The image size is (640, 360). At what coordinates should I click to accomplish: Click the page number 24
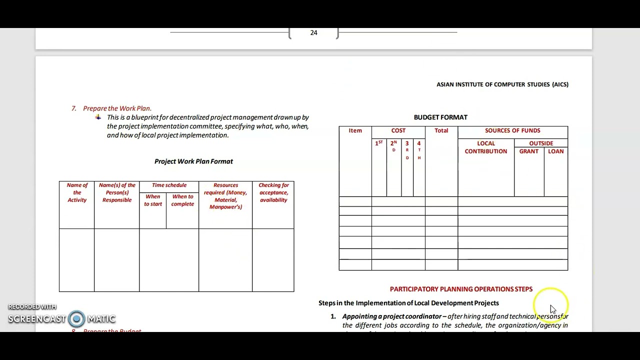(x=313, y=33)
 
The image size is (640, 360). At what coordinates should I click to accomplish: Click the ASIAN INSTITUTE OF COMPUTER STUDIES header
(x=502, y=84)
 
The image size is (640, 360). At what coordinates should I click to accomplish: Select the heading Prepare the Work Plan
(x=117, y=108)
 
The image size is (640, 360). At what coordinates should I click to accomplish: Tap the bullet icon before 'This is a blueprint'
(x=98, y=117)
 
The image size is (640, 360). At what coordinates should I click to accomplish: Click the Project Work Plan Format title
(x=193, y=161)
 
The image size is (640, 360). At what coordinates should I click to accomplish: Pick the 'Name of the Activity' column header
(x=77, y=192)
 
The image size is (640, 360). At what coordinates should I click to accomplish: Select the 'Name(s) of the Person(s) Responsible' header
(x=117, y=192)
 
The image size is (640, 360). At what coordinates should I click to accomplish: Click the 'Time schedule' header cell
(x=169, y=185)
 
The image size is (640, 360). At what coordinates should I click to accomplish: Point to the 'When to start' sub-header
(x=153, y=200)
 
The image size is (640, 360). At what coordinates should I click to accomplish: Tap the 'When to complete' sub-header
(x=182, y=200)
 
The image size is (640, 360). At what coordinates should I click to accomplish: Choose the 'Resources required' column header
(x=225, y=196)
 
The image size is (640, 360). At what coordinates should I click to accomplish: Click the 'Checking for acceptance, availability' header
(x=273, y=192)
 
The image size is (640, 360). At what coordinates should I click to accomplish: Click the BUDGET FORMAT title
(x=440, y=117)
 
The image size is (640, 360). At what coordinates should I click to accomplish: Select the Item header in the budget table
(x=355, y=130)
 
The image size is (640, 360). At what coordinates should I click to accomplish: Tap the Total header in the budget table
(x=441, y=130)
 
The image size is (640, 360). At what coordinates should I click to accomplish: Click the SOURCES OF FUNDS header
(x=512, y=130)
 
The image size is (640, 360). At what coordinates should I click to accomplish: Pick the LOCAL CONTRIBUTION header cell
(x=485, y=147)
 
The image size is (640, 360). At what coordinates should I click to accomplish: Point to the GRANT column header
(x=528, y=151)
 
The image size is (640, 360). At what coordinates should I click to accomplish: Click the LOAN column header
(x=555, y=151)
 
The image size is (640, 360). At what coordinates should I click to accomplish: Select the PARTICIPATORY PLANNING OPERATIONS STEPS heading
(x=461, y=289)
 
